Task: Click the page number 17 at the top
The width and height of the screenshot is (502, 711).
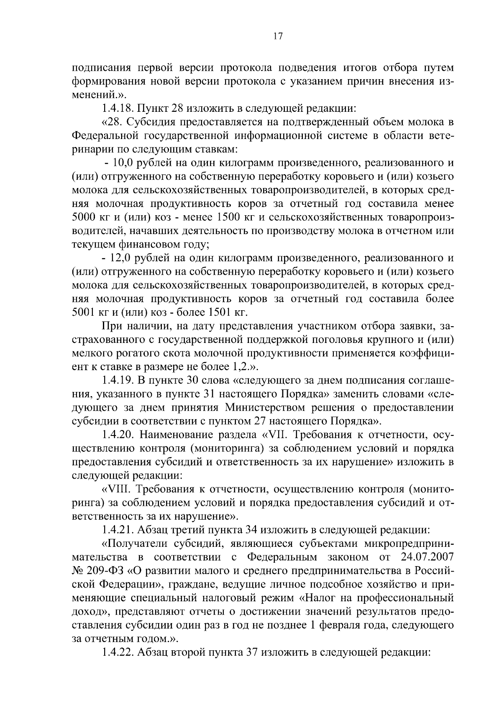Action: coord(278,36)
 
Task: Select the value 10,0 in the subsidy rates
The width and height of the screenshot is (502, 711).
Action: coord(122,163)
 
